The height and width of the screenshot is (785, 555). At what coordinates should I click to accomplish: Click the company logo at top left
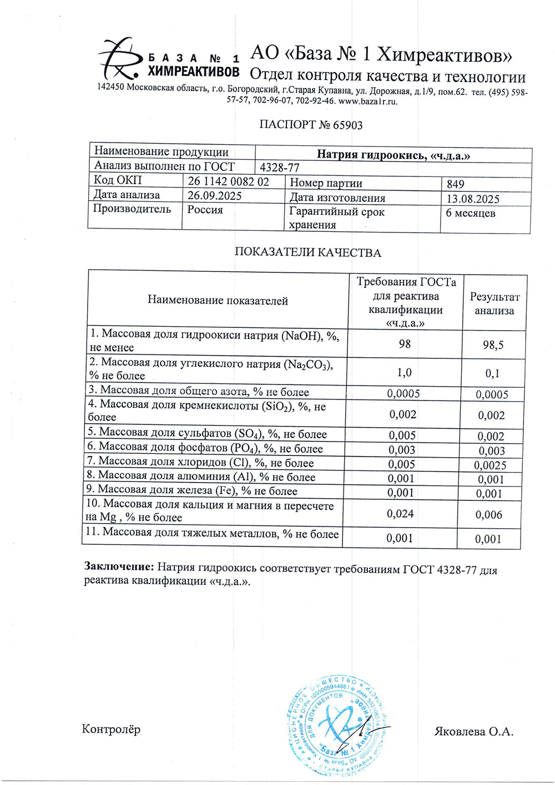(x=119, y=58)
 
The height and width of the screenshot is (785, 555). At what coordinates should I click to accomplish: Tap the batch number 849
(x=455, y=184)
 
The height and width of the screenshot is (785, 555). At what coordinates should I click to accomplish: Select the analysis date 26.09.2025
(x=214, y=196)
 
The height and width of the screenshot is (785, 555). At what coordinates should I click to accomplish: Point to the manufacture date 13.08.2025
(x=473, y=199)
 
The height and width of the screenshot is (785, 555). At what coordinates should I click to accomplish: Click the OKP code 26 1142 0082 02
(x=228, y=181)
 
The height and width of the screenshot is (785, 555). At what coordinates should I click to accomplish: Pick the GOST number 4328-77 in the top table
(x=280, y=168)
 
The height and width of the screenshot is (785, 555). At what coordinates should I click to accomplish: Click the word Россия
(x=205, y=210)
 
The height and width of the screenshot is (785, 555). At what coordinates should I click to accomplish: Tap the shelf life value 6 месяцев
(x=471, y=214)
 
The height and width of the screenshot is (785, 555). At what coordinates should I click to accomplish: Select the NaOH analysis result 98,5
(x=493, y=345)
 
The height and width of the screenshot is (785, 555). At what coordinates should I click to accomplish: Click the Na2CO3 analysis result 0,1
(x=492, y=373)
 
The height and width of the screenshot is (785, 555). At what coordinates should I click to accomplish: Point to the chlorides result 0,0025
(x=491, y=465)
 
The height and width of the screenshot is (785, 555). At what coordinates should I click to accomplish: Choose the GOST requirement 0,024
(x=401, y=514)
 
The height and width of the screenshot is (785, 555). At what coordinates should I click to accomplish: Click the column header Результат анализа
(x=494, y=304)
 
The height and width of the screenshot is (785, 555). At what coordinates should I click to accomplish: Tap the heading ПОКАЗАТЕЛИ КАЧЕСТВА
(x=307, y=253)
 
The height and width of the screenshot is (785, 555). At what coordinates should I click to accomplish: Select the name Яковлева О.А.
(x=473, y=732)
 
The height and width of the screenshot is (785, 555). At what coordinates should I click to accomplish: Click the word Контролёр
(x=111, y=729)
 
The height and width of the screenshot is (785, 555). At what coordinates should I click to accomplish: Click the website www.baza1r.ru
(x=368, y=102)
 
